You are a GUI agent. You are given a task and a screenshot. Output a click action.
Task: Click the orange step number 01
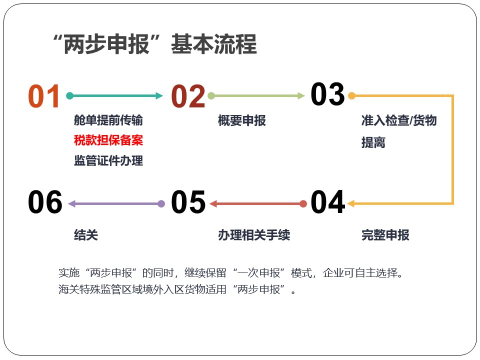click(x=44, y=96)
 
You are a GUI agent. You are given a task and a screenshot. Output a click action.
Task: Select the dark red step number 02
click(x=188, y=96)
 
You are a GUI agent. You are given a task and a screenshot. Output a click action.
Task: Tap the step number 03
click(x=327, y=94)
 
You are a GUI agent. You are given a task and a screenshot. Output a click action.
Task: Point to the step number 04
click(x=328, y=201)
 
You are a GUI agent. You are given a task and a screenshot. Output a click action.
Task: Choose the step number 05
click(x=188, y=201)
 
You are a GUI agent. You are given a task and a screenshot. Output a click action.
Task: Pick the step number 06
click(x=45, y=201)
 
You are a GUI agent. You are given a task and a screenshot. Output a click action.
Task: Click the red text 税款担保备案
click(x=108, y=140)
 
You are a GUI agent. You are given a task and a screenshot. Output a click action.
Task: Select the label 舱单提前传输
click(x=108, y=120)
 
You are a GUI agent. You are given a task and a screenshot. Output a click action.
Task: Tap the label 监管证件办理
click(x=108, y=160)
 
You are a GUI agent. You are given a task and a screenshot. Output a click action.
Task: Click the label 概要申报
click(x=242, y=120)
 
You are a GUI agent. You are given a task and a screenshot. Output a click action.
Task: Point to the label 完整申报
click(x=385, y=235)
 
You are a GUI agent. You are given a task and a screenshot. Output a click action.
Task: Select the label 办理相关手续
click(x=254, y=235)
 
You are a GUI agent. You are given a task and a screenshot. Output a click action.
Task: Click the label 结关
click(x=86, y=235)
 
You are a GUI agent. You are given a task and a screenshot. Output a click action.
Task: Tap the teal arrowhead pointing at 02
click(x=159, y=96)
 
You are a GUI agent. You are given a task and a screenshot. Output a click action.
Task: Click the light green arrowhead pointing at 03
click(x=301, y=96)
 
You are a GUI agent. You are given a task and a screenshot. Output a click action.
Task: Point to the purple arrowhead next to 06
click(x=71, y=204)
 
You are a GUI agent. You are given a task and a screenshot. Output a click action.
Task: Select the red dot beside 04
click(x=303, y=204)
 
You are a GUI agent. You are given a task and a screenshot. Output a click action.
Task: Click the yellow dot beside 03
click(x=351, y=96)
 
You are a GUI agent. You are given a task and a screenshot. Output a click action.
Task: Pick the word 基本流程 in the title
click(x=213, y=44)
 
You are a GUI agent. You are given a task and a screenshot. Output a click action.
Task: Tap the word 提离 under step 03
click(x=373, y=142)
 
